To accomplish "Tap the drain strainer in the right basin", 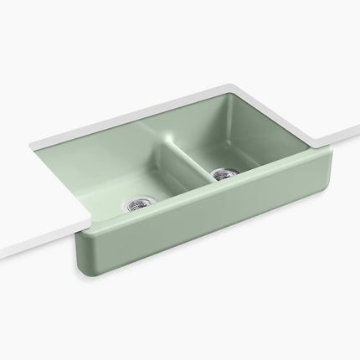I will [x=223, y=175].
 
